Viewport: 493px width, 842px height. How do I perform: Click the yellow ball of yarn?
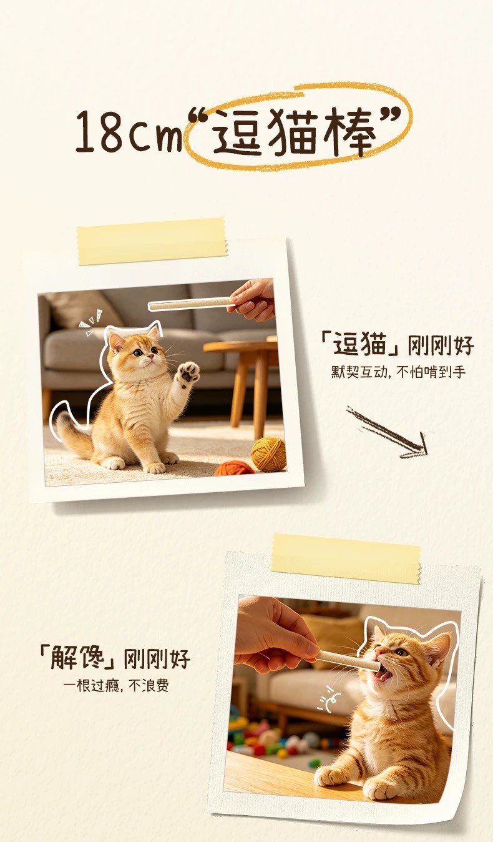(268, 454)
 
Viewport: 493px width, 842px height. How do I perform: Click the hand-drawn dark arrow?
(387, 432)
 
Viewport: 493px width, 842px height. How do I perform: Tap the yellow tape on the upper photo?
(152, 241)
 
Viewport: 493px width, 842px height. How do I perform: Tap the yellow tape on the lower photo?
(346, 559)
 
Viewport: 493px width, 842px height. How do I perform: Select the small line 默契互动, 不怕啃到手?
(398, 372)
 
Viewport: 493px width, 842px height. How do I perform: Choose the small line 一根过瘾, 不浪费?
(116, 685)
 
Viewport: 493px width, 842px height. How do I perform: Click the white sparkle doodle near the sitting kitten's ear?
(90, 322)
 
